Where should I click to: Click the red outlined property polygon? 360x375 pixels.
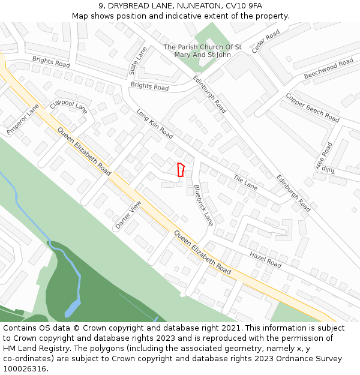181,170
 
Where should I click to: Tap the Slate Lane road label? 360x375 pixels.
137,61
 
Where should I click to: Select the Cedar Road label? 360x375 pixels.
266,41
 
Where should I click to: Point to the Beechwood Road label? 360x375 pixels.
328,69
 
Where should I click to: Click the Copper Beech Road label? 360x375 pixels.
312,107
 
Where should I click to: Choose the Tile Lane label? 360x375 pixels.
245,182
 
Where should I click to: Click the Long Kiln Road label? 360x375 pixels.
154,123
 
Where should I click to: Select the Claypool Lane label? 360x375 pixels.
68,106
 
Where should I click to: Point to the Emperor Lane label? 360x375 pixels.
23,119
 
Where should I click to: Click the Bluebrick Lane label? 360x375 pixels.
203,205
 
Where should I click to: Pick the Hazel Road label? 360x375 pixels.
265,260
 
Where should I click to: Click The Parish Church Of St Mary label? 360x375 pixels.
202,50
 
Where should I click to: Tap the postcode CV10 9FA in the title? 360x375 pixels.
242,5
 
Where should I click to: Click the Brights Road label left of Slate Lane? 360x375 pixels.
51,61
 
